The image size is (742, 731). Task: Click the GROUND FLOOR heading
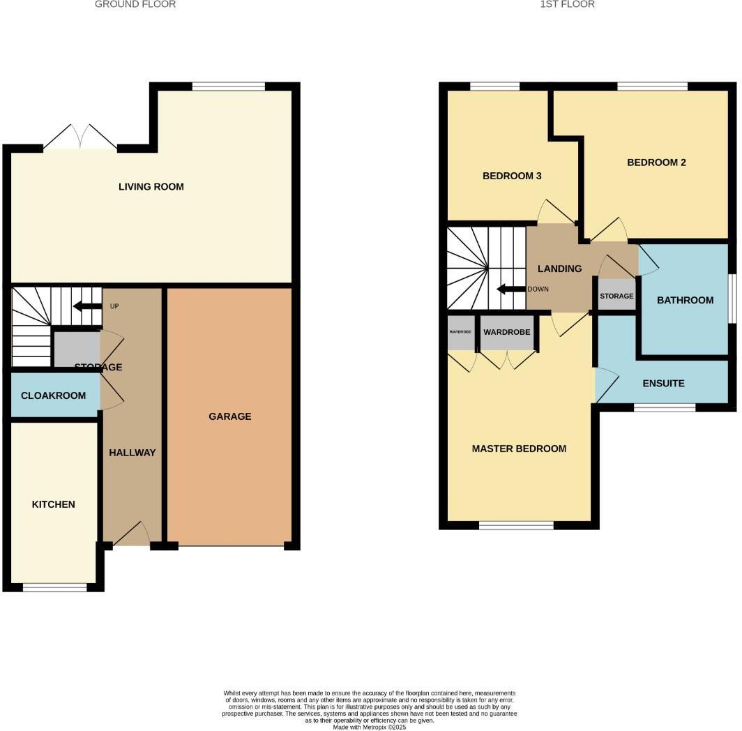pos(135,4)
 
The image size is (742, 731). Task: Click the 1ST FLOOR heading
pos(567,4)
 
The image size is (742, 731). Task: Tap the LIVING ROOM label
pos(151,187)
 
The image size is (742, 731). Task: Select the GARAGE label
pos(230,416)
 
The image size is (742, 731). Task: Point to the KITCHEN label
pos(54,504)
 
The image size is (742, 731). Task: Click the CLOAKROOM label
pos(54,395)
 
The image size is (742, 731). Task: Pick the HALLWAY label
pos(132,453)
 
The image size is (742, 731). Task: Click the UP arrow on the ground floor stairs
pos(88,306)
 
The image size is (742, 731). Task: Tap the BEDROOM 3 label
pos(512,176)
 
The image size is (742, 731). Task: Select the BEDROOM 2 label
pos(656,163)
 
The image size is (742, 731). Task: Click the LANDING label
pos(559,269)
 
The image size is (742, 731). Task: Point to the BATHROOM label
pos(685,300)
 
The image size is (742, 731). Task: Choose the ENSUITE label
pos(663,384)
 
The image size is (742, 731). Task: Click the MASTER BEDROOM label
pos(519,449)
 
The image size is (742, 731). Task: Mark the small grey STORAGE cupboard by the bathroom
pos(616,296)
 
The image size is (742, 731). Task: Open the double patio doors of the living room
pos(80,138)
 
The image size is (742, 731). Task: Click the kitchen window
pos(55,588)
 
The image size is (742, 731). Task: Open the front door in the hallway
pos(132,536)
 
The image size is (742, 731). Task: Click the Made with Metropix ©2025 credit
pos(370,727)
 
